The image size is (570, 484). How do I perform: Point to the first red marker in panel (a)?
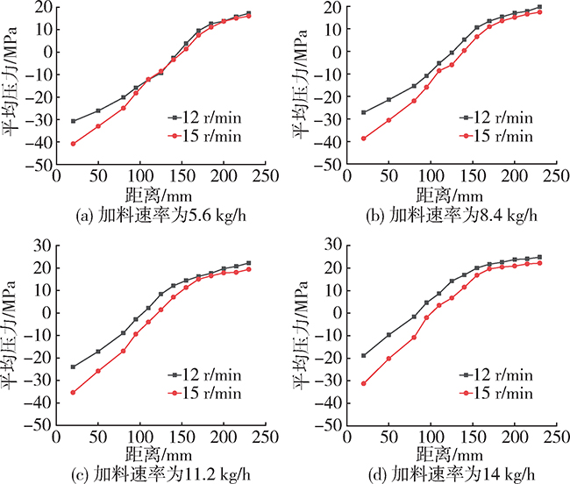point(73,144)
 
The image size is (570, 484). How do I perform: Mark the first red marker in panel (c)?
point(73,392)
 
